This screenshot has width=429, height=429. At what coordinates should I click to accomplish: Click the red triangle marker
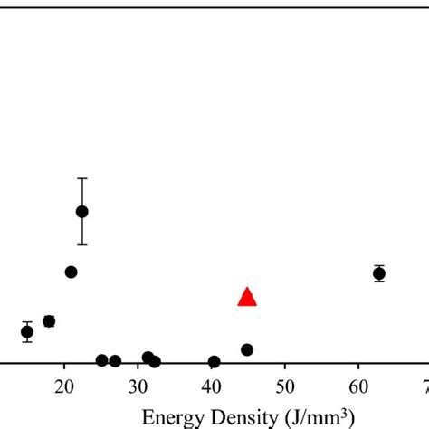pos(247,297)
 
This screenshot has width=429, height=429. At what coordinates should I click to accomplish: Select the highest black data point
pos(81,212)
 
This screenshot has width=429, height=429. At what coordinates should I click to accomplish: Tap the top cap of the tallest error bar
pos(81,178)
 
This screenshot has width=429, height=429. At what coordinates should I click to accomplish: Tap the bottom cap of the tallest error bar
pos(81,244)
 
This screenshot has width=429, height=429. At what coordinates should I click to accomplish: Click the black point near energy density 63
pos(379,273)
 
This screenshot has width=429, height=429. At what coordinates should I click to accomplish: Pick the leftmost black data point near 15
pos(27,331)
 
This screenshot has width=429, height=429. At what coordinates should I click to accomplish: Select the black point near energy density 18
pos(49,321)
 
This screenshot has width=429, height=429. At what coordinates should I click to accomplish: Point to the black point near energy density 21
pos(71,272)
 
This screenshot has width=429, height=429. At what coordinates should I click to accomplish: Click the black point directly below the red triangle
pos(247,349)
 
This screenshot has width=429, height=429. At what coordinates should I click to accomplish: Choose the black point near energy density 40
pos(214,362)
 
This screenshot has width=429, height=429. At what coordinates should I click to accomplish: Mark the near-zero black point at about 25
pos(101,360)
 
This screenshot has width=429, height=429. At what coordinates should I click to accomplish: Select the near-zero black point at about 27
pos(115,361)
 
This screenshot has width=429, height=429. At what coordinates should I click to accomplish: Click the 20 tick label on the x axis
pos(63,386)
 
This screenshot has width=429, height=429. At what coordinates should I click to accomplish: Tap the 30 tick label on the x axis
pos(138,386)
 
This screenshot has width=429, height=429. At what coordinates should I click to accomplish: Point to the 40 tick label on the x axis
pos(211,386)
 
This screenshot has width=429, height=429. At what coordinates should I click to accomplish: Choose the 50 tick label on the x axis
pos(285,386)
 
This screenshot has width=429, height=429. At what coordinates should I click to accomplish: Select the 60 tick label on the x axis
pos(359,386)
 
